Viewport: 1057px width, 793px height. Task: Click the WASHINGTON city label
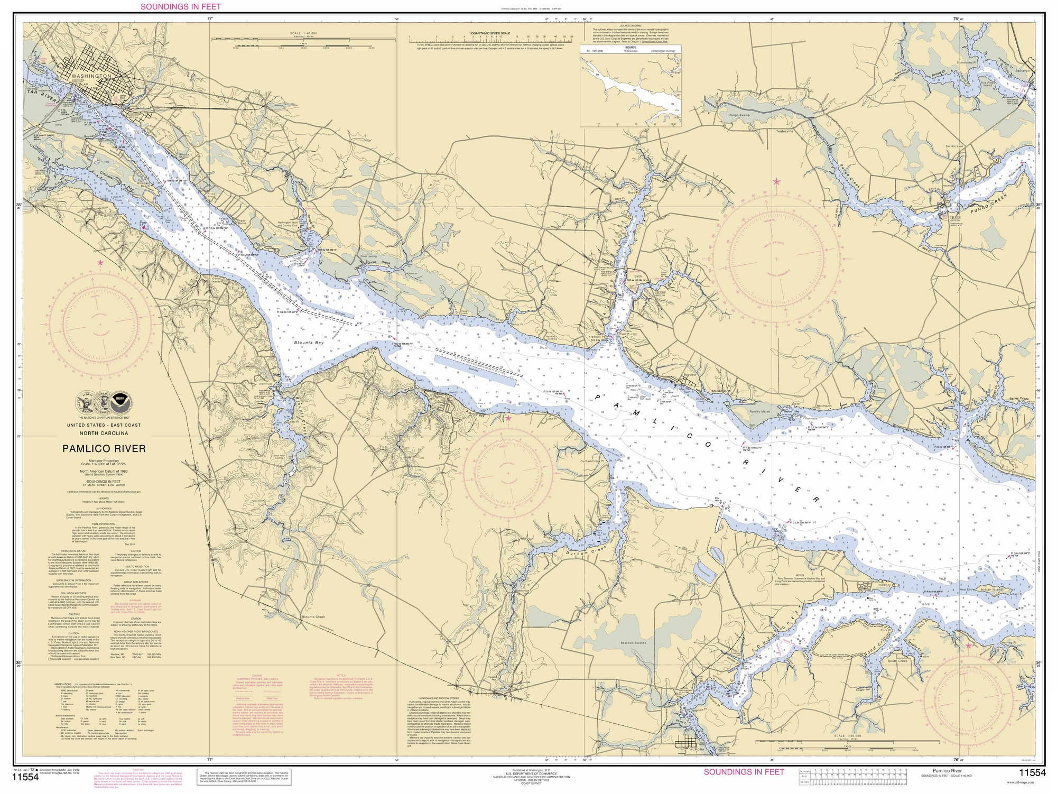point(90,76)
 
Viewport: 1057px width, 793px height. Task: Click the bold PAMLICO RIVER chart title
point(104,449)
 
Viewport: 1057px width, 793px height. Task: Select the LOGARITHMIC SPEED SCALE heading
point(490,33)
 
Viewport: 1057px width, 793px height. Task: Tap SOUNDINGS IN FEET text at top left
point(181,7)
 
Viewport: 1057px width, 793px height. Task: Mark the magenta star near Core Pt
point(508,418)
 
